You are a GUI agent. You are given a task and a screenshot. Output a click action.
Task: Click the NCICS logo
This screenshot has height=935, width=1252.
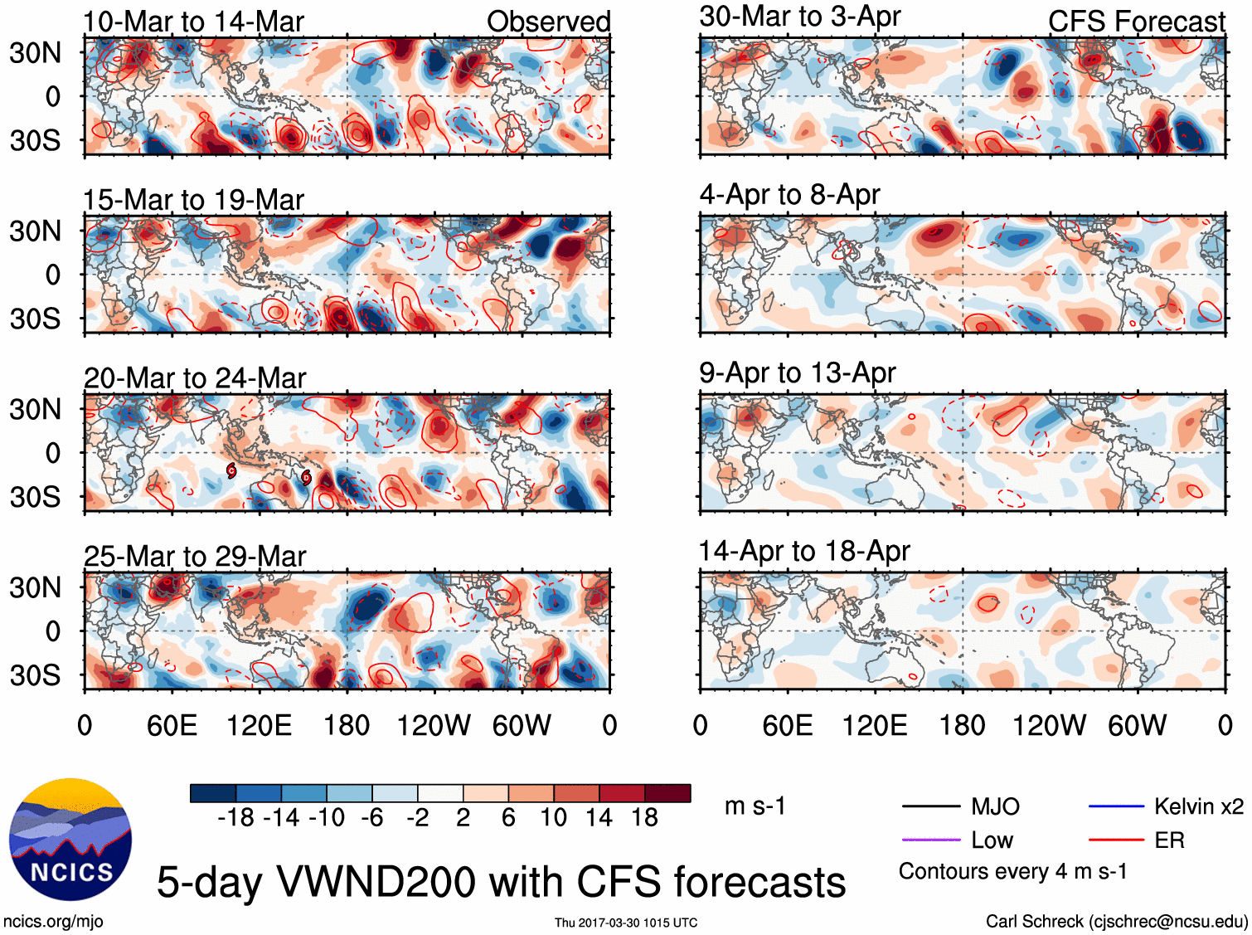click(x=70, y=839)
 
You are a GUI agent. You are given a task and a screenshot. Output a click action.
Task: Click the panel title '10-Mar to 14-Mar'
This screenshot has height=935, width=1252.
click(x=193, y=22)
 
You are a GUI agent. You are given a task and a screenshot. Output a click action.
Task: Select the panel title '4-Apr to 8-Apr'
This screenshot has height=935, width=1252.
click(x=789, y=194)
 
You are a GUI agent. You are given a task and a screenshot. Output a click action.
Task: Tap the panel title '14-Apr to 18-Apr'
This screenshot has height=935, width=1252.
click(x=804, y=551)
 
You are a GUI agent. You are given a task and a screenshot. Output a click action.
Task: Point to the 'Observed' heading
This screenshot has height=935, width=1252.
click(x=548, y=22)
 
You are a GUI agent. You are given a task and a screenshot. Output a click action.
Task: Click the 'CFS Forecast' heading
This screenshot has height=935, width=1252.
click(x=1136, y=22)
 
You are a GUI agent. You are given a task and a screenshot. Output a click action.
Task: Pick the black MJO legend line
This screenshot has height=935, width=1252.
click(x=930, y=806)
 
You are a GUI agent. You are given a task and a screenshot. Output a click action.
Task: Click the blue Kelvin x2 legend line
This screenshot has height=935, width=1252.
click(x=1116, y=806)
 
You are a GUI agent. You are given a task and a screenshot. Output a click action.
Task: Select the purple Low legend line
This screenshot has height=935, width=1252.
click(x=930, y=840)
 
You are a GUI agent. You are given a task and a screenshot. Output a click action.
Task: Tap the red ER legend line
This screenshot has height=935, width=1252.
click(x=1116, y=840)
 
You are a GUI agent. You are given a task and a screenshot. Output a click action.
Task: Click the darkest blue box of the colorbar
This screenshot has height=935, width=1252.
click(x=213, y=793)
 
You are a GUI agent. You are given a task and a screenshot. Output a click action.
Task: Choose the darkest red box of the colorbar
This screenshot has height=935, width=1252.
click(x=667, y=793)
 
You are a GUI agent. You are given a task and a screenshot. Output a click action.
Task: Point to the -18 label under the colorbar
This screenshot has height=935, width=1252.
click(x=235, y=818)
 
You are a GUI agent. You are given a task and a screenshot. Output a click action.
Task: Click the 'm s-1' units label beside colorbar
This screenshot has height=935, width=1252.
click(x=755, y=806)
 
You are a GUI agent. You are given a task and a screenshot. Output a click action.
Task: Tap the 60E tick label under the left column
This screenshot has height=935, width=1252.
click(x=172, y=726)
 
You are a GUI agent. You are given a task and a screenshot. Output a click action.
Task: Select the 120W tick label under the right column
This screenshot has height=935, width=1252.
click(x=1049, y=726)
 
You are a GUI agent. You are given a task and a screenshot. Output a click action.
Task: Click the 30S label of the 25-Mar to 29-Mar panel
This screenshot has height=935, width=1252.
click(x=35, y=675)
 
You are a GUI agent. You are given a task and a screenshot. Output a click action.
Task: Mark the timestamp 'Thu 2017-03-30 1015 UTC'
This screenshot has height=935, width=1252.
click(x=626, y=923)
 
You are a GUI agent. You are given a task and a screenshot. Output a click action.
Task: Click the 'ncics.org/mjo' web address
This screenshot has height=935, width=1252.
click(x=53, y=921)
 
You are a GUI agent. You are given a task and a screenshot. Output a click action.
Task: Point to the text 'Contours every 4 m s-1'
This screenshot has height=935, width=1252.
click(x=1012, y=872)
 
